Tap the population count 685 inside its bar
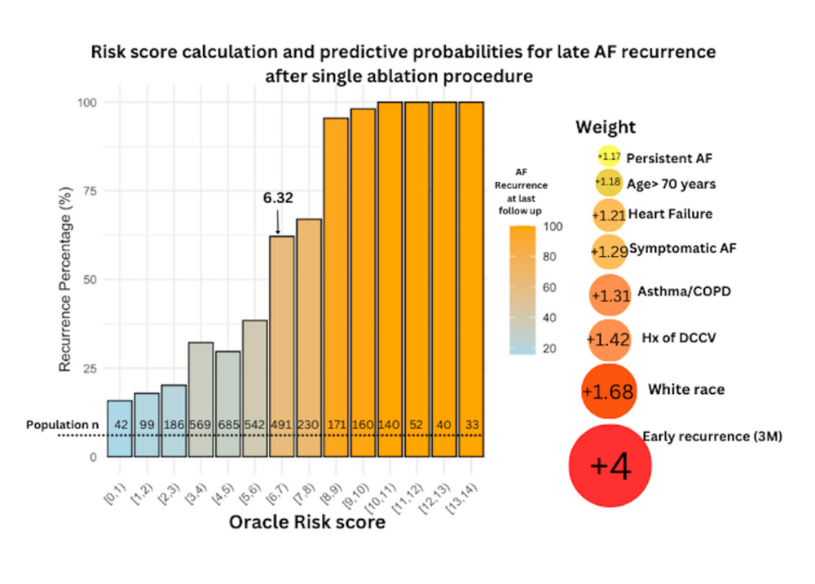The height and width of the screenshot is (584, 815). pyautogui.click(x=228, y=425)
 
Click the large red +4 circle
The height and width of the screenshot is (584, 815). pyautogui.click(x=610, y=466)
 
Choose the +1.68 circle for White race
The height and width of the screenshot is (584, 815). pyautogui.click(x=608, y=391)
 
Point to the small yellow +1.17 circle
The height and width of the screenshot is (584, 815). pyautogui.click(x=608, y=156)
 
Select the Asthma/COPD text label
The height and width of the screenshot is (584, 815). pyautogui.click(x=684, y=291)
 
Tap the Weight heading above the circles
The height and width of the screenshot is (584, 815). pyautogui.click(x=606, y=127)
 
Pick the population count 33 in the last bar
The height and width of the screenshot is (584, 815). pyautogui.click(x=470, y=425)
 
